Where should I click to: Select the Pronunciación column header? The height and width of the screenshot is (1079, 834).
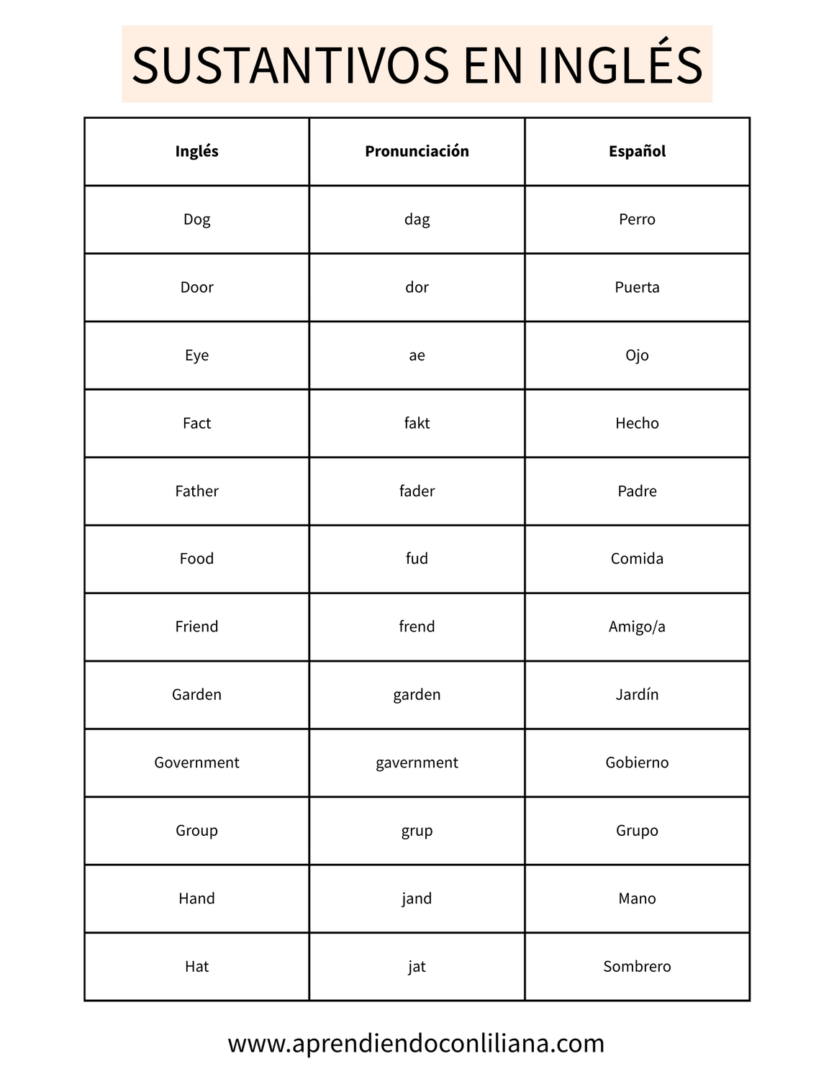click(417, 151)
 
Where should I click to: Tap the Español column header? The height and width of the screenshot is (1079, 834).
click(637, 151)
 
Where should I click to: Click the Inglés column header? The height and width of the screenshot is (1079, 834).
click(196, 151)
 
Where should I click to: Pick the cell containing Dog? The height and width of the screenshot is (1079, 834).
click(196, 219)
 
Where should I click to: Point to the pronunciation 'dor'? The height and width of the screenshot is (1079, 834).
click(417, 287)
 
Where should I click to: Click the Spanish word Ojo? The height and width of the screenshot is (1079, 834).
click(637, 355)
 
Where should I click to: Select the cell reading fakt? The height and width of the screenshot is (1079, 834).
click(417, 423)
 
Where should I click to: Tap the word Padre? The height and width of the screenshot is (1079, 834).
click(637, 491)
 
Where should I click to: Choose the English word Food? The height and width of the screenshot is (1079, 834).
click(196, 559)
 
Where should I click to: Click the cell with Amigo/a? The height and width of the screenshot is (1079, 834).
click(637, 627)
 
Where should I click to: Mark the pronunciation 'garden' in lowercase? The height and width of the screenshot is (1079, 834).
click(417, 695)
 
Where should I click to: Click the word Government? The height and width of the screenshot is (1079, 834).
click(196, 762)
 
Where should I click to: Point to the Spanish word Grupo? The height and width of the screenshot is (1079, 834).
click(637, 831)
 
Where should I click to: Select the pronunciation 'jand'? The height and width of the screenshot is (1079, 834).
click(417, 898)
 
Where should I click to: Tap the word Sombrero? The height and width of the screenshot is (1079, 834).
click(637, 967)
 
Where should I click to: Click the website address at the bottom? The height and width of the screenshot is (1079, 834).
click(416, 1043)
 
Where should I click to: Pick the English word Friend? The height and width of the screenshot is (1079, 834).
click(196, 627)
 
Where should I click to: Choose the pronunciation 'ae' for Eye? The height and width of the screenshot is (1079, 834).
click(417, 355)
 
